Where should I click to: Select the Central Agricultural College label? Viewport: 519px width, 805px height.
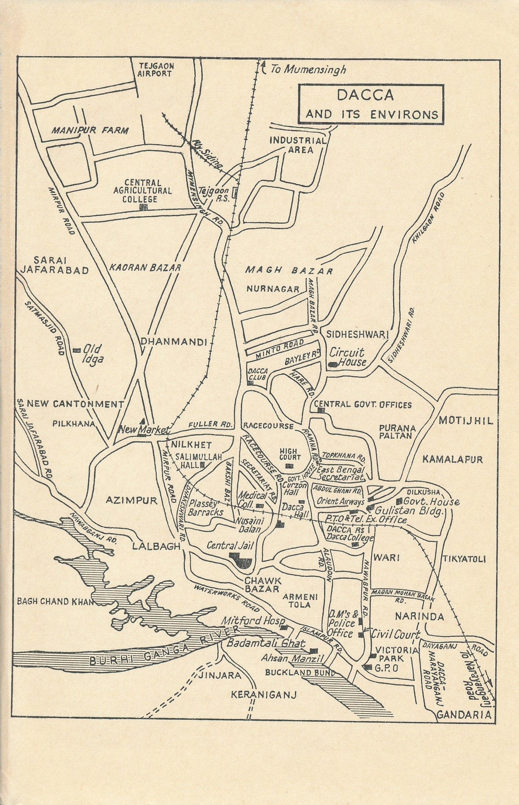142,191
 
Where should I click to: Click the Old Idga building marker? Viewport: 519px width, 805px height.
76,350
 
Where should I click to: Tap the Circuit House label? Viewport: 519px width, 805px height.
347,357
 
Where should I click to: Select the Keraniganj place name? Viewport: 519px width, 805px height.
263,694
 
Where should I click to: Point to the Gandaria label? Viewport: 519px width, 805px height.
464,715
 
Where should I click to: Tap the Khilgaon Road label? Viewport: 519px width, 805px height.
429,218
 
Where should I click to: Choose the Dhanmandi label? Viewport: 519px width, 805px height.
173,342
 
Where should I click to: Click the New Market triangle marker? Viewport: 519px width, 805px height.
143,421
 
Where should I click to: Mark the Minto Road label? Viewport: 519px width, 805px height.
280,349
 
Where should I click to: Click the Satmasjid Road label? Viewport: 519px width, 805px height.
44,328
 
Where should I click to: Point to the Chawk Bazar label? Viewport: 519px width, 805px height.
262,584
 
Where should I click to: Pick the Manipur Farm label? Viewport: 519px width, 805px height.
90,130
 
